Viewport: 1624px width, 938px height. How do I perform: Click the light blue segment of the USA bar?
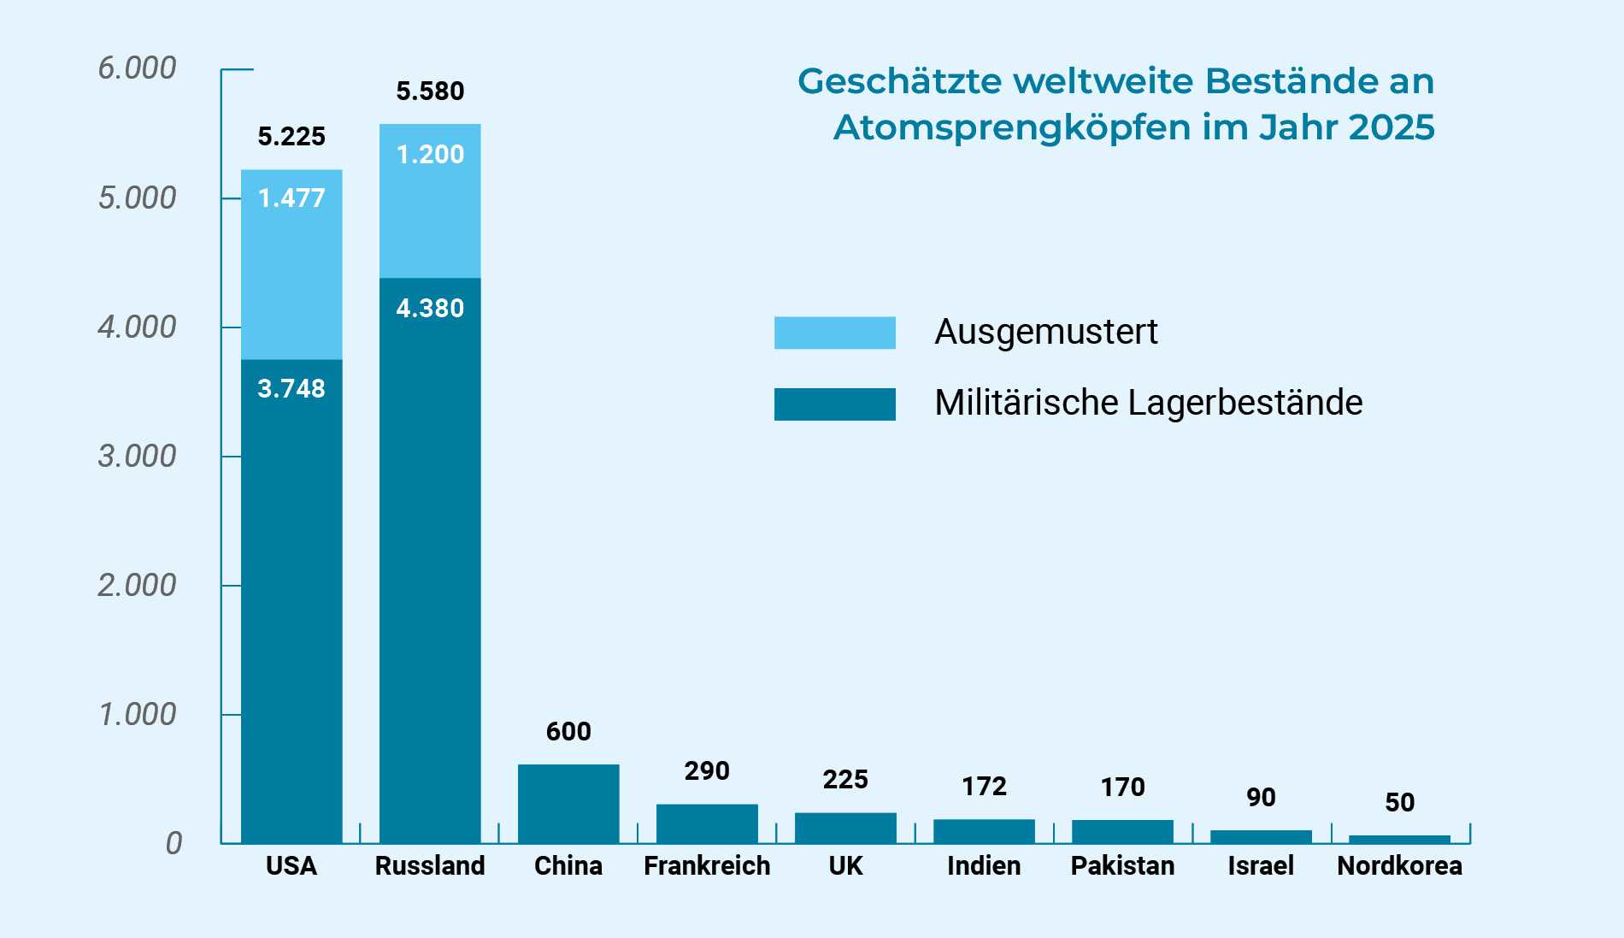(x=291, y=274)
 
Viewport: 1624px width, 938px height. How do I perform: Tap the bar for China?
(x=568, y=804)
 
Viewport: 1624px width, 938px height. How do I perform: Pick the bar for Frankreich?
(x=707, y=823)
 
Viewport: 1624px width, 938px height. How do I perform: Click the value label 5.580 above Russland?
(x=430, y=91)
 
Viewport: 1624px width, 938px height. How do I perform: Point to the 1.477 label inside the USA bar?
(x=291, y=198)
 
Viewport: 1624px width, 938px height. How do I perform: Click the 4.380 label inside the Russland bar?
(x=430, y=308)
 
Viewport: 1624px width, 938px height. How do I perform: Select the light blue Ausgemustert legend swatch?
(x=834, y=333)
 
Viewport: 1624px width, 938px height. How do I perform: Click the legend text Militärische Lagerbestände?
(x=1148, y=403)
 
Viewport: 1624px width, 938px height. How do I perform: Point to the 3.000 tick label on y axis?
(x=137, y=456)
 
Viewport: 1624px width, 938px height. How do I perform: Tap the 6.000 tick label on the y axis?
(x=137, y=68)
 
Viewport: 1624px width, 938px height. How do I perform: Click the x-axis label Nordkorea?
(x=1399, y=865)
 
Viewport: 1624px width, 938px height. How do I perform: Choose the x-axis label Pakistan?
(x=1122, y=865)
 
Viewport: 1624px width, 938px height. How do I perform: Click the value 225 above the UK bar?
(x=845, y=779)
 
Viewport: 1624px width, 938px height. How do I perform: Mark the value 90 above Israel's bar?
(x=1261, y=797)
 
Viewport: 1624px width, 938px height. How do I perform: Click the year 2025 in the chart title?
(x=1391, y=127)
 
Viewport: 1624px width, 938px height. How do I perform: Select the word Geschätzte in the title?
(x=899, y=81)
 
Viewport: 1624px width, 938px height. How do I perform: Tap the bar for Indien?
(x=984, y=831)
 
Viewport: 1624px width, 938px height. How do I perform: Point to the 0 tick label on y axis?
(x=174, y=843)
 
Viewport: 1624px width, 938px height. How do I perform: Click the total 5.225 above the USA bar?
(x=291, y=136)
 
